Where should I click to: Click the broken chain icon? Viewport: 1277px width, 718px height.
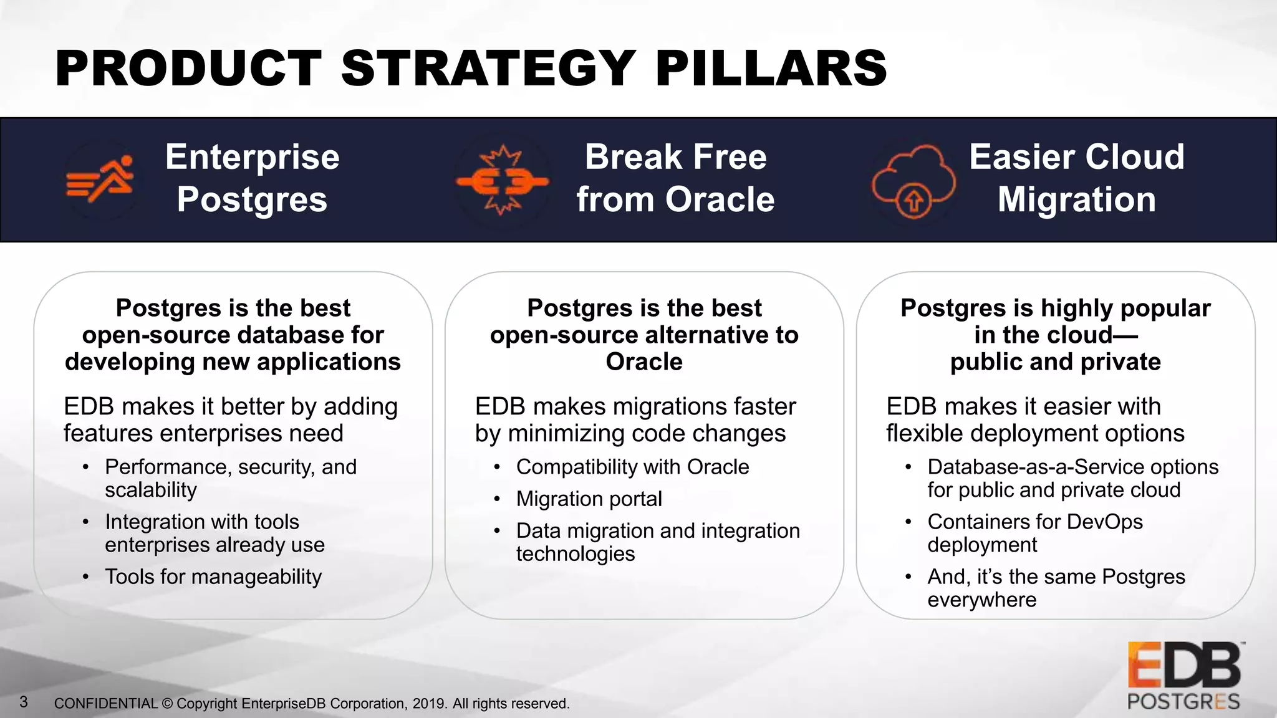tap(502, 181)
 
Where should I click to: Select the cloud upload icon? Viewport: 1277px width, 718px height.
tap(913, 181)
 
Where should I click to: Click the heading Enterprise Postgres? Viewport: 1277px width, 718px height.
tap(252, 178)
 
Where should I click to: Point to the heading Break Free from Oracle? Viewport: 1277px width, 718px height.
tap(675, 178)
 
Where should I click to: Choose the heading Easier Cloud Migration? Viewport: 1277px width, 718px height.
tap(1076, 178)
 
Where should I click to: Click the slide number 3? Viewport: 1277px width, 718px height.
tap(24, 702)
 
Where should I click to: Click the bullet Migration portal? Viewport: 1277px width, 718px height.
tap(589, 499)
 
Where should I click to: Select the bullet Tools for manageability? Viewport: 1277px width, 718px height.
tap(213, 577)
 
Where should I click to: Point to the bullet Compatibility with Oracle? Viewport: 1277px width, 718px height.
tap(632, 467)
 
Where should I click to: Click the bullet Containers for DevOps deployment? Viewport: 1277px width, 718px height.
tap(1034, 533)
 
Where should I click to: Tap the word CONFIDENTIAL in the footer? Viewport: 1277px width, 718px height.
tap(105, 704)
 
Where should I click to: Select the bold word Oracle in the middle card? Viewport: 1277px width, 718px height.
tap(644, 362)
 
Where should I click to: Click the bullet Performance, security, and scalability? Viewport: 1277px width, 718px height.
tap(230, 478)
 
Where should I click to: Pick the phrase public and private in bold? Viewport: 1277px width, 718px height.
tap(1055, 362)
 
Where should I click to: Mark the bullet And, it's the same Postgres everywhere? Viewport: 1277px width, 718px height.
tap(1056, 588)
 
